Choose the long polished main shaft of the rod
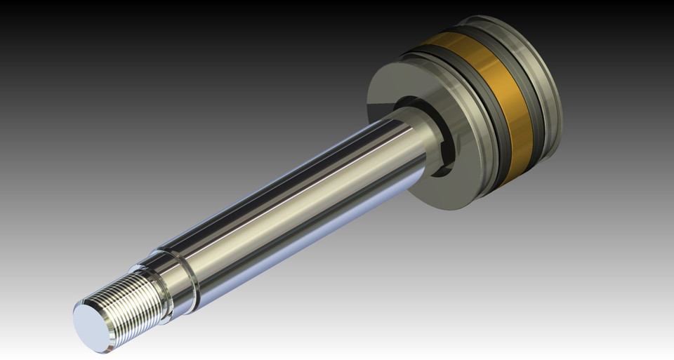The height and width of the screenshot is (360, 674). (x=295, y=204)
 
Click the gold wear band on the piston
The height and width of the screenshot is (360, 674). (x=491, y=105)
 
